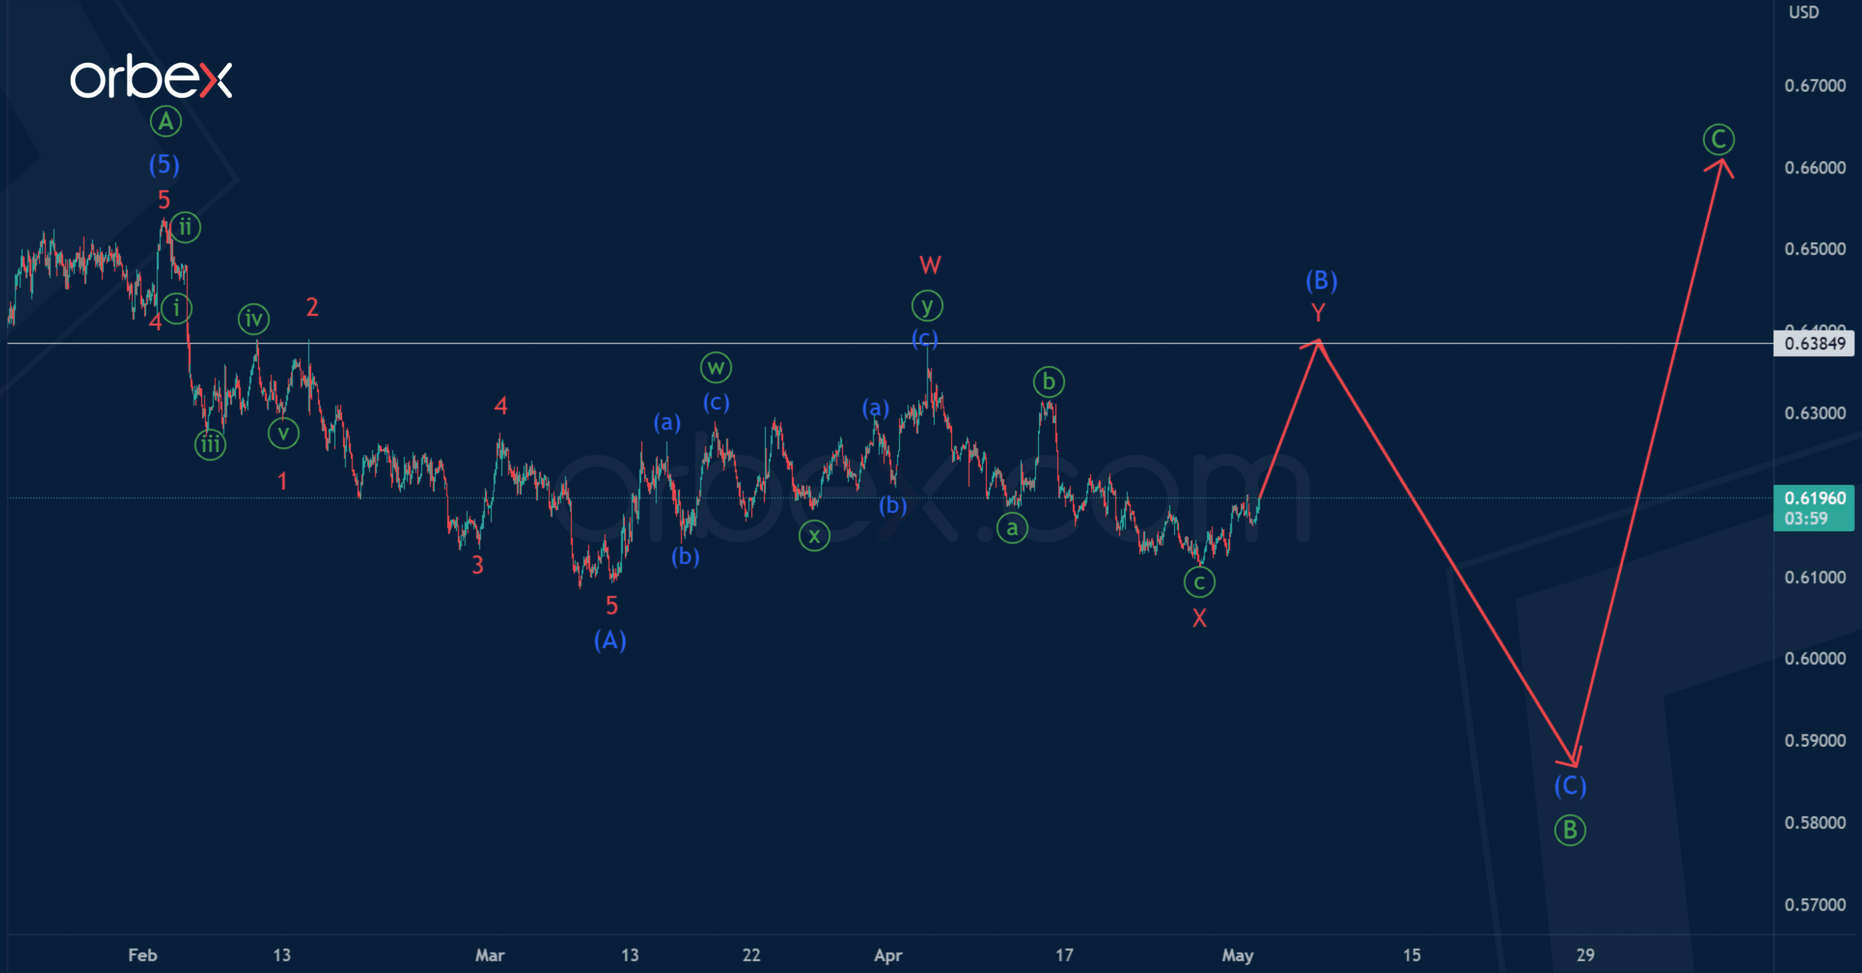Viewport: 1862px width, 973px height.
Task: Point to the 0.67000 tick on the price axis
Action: click(1814, 86)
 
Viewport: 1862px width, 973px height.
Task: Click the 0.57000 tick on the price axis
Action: click(1814, 904)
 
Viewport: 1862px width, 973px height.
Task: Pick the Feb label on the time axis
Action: click(143, 955)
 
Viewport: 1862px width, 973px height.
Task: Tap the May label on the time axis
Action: click(1237, 955)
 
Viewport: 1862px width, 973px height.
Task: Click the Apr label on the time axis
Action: click(888, 955)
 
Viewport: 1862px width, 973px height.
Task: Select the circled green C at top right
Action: click(1718, 139)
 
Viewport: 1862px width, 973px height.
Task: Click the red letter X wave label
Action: click(1199, 618)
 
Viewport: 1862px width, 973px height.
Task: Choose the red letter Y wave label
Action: click(1318, 313)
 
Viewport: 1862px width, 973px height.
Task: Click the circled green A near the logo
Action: click(165, 122)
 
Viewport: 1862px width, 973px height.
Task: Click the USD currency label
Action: click(1803, 12)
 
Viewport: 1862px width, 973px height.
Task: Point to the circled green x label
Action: click(814, 535)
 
